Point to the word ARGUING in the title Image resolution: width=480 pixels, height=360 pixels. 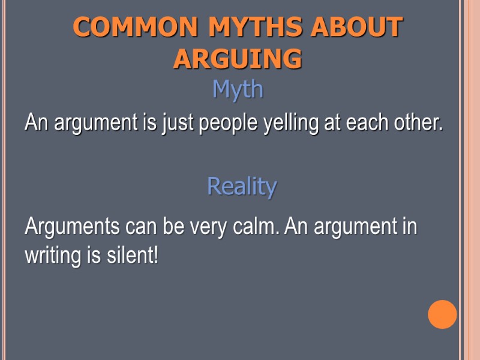coord(238,59)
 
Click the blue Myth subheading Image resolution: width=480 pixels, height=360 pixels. coord(238,90)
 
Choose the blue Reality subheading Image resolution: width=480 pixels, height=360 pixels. coord(242,187)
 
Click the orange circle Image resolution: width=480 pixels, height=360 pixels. coord(442,314)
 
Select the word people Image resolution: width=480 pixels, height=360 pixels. coord(229,124)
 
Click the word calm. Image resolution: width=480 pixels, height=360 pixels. coord(258,227)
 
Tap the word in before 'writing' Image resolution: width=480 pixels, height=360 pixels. coord(409,227)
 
